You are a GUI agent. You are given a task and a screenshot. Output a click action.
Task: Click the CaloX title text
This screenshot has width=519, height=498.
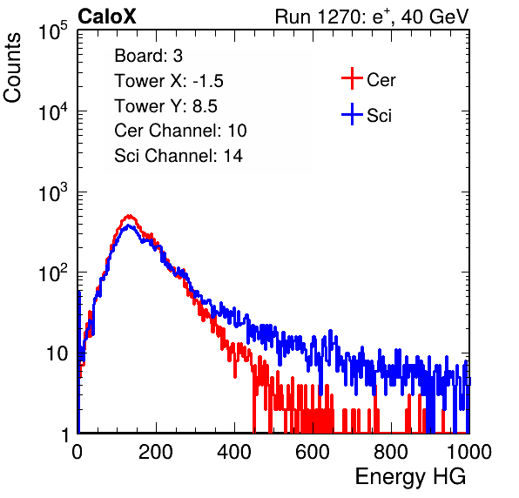point(107,17)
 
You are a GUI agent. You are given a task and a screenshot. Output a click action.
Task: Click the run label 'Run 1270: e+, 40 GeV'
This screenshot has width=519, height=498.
point(372,17)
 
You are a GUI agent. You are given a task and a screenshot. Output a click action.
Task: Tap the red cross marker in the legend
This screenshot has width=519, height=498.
point(352,78)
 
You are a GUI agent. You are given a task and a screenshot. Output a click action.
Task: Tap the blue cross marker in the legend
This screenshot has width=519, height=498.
point(352,114)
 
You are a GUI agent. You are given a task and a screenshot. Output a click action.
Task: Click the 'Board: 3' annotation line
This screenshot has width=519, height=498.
point(148,56)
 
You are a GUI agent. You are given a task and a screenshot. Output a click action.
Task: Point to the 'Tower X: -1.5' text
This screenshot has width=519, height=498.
point(169,81)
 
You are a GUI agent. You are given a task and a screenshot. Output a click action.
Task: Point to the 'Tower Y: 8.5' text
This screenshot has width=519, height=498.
point(165,106)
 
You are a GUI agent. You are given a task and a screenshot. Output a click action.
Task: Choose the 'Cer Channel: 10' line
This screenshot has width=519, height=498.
point(180,131)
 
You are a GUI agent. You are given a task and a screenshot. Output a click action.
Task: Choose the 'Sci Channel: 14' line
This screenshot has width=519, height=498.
point(179,156)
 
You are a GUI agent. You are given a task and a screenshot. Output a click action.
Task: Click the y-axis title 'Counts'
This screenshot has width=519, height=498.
point(12,68)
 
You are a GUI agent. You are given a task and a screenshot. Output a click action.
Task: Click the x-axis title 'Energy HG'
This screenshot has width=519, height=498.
point(410,476)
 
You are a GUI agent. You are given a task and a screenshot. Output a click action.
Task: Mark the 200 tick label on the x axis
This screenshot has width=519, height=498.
point(156,452)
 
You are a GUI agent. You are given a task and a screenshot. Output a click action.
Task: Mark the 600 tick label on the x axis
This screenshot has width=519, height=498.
point(313,452)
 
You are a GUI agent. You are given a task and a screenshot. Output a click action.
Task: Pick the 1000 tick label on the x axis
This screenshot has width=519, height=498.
point(469,452)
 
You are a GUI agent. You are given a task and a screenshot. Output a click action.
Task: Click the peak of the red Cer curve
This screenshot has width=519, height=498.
point(130,216)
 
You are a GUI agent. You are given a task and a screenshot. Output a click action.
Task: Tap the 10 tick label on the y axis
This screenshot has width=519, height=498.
point(57,353)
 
